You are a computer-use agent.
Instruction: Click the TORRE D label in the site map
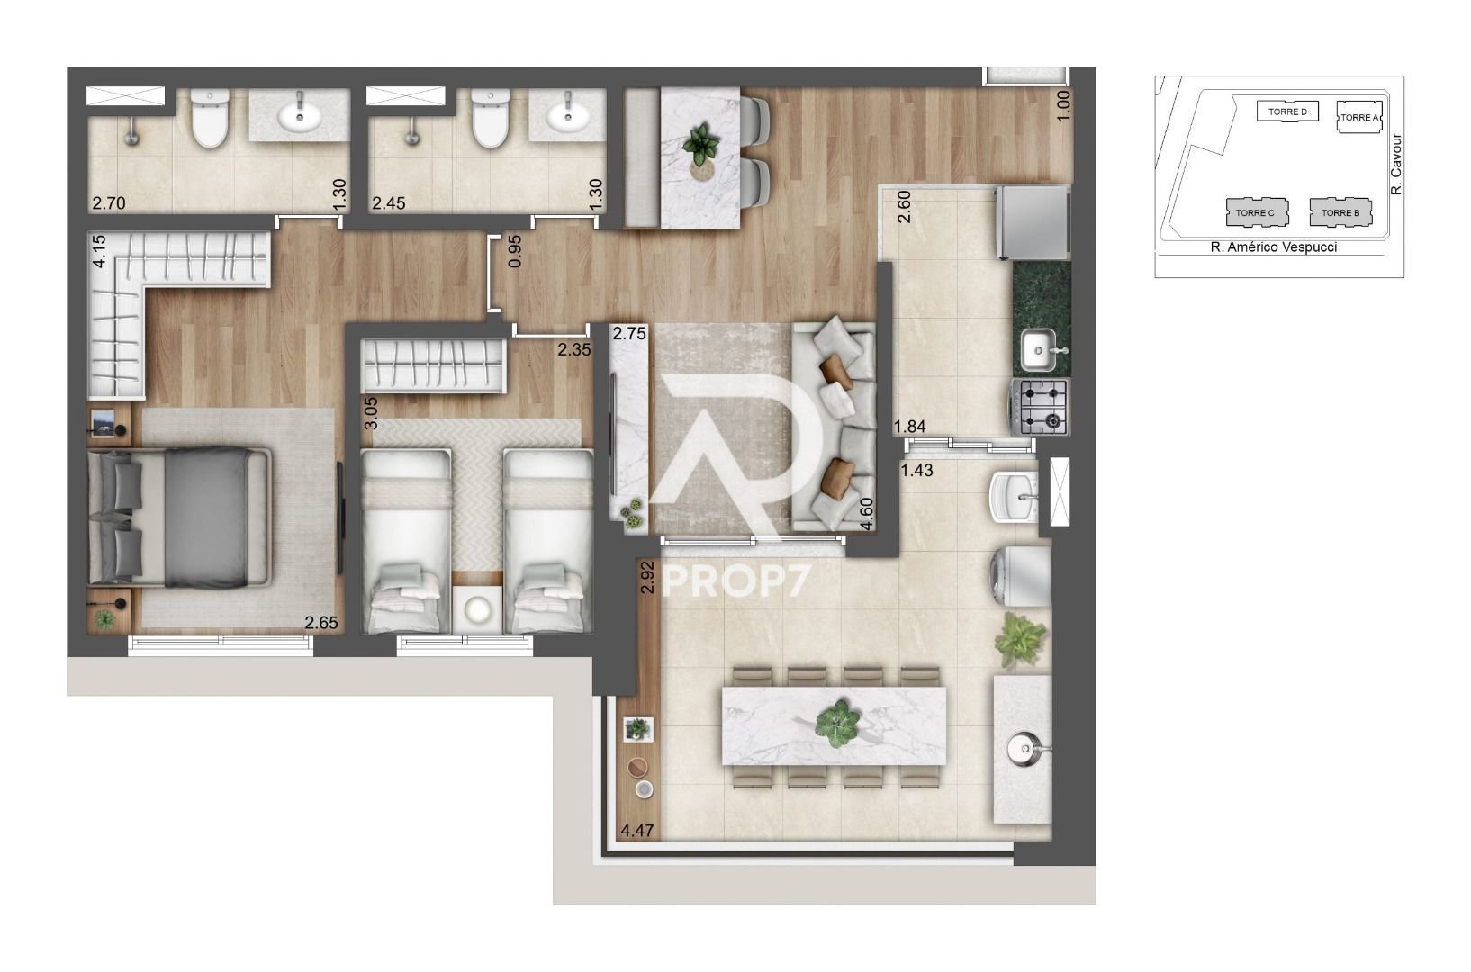click(x=1287, y=112)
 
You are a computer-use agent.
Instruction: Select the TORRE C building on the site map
click(x=1257, y=212)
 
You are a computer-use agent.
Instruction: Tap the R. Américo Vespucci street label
click(x=1273, y=247)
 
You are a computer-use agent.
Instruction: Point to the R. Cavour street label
click(x=1396, y=164)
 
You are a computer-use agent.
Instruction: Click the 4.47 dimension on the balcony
click(x=637, y=830)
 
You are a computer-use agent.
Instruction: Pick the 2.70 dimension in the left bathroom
click(x=108, y=203)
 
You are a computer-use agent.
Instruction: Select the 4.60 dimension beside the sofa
click(x=867, y=514)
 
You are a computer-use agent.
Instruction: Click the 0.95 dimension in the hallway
click(x=515, y=251)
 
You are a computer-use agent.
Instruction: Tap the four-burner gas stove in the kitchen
click(x=1040, y=407)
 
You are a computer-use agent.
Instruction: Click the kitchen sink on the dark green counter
click(x=1039, y=350)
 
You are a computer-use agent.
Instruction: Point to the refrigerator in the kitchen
click(x=1033, y=223)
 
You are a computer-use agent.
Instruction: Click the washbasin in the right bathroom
click(x=567, y=115)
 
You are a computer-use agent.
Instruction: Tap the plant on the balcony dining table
click(x=837, y=724)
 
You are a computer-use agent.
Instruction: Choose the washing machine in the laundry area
click(x=1021, y=576)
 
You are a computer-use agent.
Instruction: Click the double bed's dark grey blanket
click(x=206, y=517)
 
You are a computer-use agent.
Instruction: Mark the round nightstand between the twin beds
click(x=477, y=610)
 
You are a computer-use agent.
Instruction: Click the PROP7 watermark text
click(x=735, y=580)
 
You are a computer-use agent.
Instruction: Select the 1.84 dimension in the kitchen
click(x=909, y=427)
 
